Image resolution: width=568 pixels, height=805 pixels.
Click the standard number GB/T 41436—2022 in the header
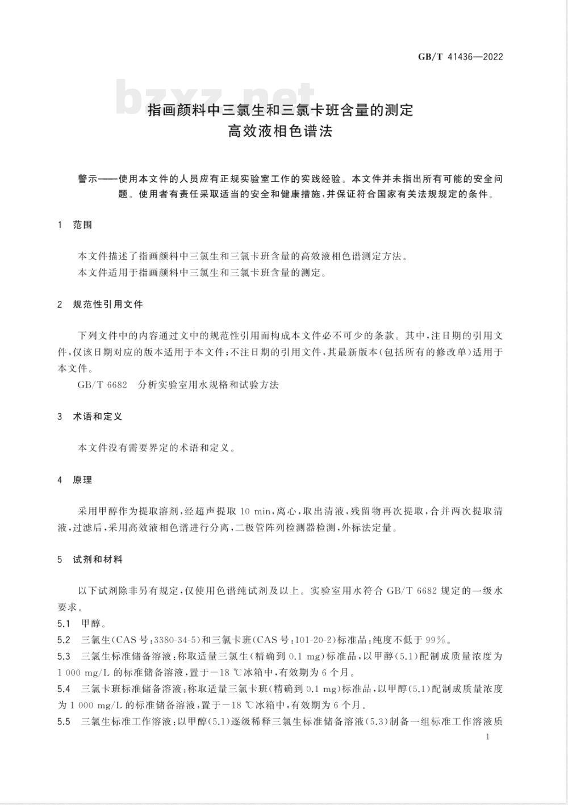tap(460, 57)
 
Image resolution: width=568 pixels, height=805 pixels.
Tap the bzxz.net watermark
tap(216, 98)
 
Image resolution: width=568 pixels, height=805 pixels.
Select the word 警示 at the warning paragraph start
tap(88, 179)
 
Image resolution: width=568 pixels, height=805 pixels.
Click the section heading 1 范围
tap(75, 225)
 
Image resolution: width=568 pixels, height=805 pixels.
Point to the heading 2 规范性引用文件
tap(100, 304)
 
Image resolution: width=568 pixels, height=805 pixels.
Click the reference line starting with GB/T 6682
tap(178, 384)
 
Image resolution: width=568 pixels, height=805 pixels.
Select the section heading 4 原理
tap(75, 480)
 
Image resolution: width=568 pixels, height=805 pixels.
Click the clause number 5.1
tap(64, 623)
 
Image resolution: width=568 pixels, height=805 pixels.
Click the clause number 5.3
tap(64, 656)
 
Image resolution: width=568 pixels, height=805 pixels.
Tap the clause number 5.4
tap(64, 689)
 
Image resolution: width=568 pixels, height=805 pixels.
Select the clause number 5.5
tap(64, 722)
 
